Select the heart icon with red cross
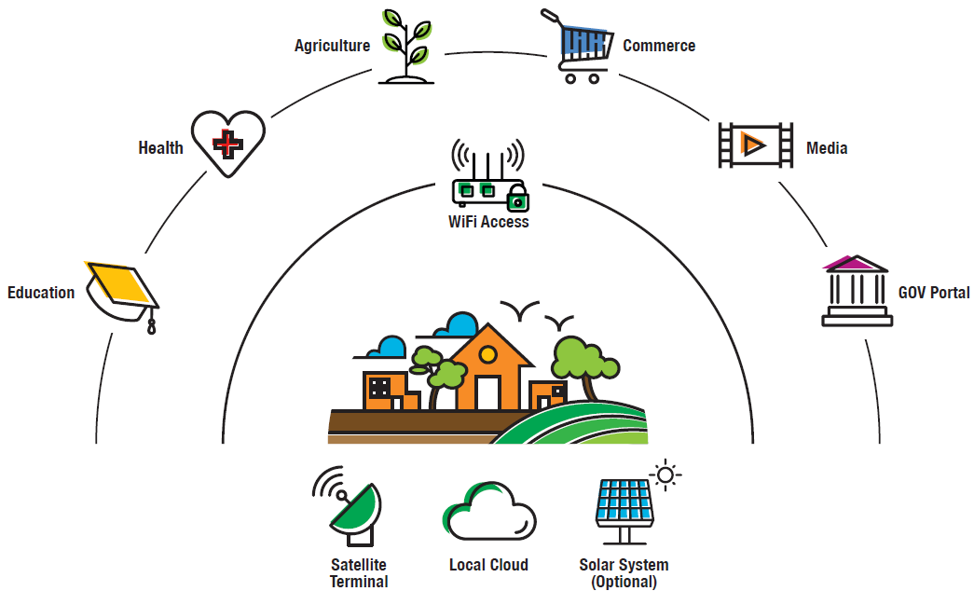[227, 144]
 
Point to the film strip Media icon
[755, 145]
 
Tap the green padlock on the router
[517, 199]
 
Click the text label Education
[41, 293]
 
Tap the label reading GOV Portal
[934, 293]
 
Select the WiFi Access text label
[488, 222]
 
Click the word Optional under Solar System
[624, 583]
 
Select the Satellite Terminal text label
[359, 573]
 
